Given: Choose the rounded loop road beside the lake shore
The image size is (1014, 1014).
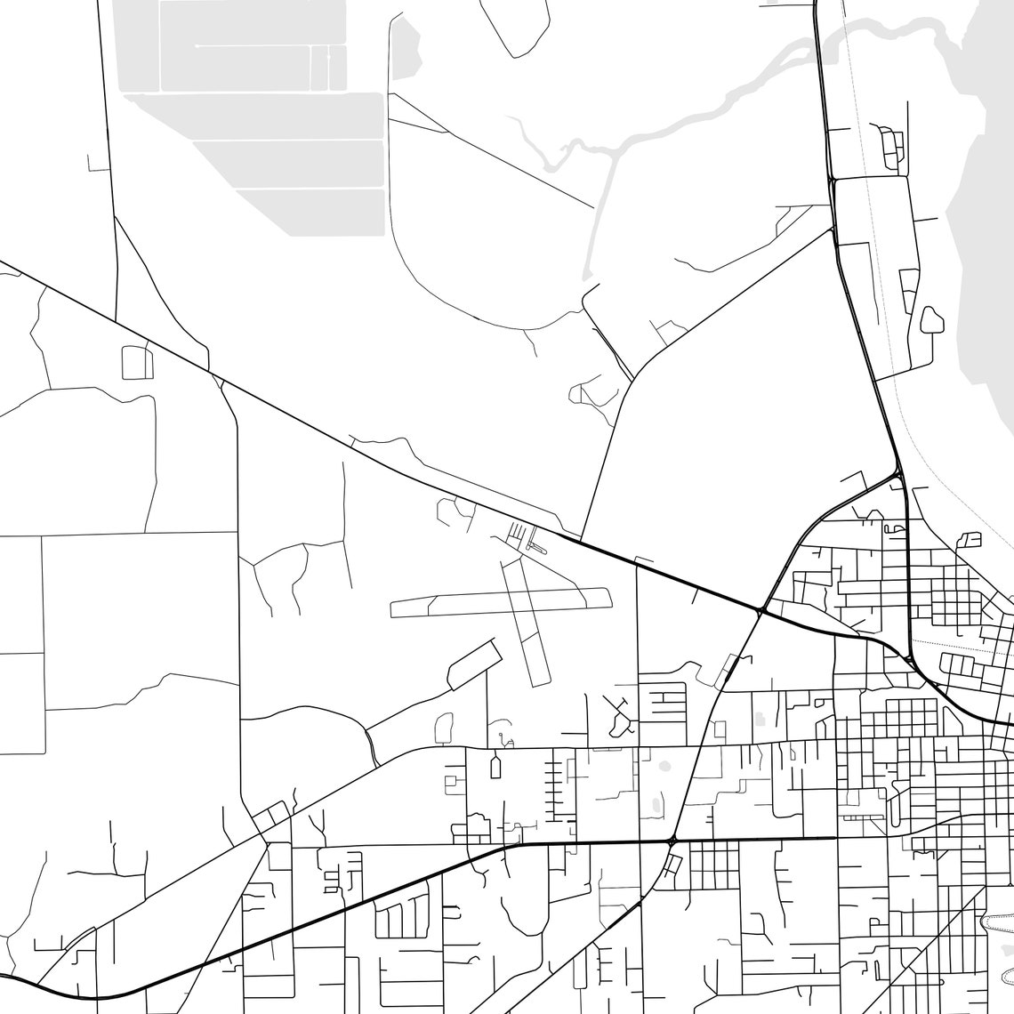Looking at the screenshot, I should click(931, 319).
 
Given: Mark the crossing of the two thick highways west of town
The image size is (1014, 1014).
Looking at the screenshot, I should click(761, 611).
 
